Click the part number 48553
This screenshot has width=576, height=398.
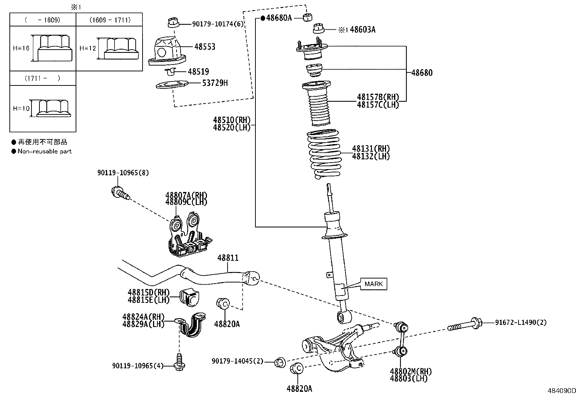pyautogui.click(x=205, y=47)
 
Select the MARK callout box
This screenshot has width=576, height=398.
pyautogui.click(x=374, y=284)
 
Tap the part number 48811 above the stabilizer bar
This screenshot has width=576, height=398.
pyautogui.click(x=228, y=258)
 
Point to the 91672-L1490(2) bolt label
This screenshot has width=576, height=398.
pyautogui.click(x=521, y=322)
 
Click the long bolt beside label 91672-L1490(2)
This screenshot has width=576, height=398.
pyautogui.click(x=465, y=324)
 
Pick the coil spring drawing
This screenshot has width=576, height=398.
pyautogui.click(x=325, y=154)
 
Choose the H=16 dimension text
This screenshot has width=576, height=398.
pyautogui.click(x=21, y=48)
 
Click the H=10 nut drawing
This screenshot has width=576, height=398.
pyautogui.click(x=53, y=108)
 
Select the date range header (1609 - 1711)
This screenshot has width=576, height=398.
pyautogui.click(x=110, y=20)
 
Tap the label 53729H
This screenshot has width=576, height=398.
pyautogui.click(x=215, y=83)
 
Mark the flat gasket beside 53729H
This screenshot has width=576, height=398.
pyautogui.click(x=172, y=85)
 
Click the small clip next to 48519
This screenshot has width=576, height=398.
pyautogui.click(x=171, y=72)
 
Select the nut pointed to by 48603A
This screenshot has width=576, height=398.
pyautogui.click(x=319, y=29)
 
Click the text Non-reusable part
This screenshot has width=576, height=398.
pyautogui.click(x=45, y=151)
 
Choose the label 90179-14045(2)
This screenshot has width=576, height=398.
pyautogui.click(x=238, y=361)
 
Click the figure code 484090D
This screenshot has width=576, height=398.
pyautogui.click(x=562, y=391)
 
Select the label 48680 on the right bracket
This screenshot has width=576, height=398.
pyautogui.click(x=422, y=73)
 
